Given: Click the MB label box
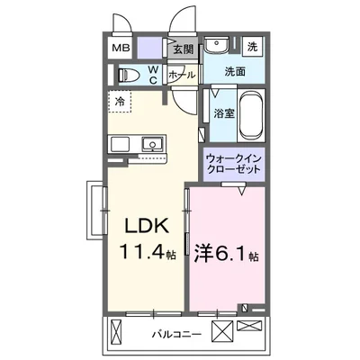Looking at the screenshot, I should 120,49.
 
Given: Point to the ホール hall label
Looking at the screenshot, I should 183,75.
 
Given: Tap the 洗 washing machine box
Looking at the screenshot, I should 253,45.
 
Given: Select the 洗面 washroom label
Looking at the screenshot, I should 236,71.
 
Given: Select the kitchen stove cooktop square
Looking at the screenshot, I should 122,143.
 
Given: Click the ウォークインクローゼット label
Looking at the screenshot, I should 235,163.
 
